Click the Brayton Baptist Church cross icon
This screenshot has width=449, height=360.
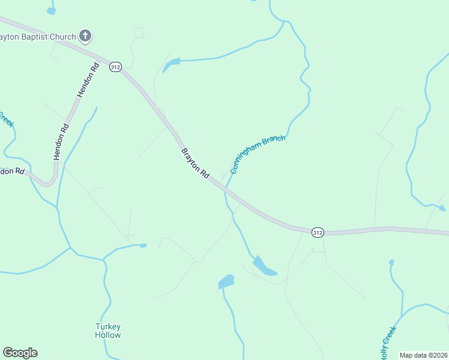pyautogui.click(x=85, y=37)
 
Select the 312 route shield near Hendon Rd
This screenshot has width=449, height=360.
pyautogui.click(x=115, y=67)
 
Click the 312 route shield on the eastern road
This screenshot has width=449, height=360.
pyautogui.click(x=318, y=232)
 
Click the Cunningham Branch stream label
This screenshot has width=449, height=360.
pyautogui.click(x=258, y=154)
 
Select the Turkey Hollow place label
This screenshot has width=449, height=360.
pyautogui.click(x=108, y=331)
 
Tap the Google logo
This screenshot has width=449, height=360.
pyautogui.click(x=20, y=353)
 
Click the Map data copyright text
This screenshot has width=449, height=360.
pyautogui.click(x=424, y=355)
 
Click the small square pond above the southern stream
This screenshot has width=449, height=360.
pyautogui.click(x=226, y=281)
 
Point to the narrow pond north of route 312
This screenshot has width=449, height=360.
pyautogui.click(x=171, y=64)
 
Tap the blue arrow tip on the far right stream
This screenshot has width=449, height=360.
pyautogui.click(x=442, y=209)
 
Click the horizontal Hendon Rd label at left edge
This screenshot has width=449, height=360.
pyautogui.click(x=12, y=171)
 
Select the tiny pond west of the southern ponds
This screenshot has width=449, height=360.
pyautogui.click(x=143, y=245)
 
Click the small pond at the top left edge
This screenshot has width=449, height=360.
pyautogui.click(x=51, y=10)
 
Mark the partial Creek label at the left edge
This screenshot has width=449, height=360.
pyautogui.click(x=6, y=119)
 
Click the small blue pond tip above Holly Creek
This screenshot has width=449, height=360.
pyautogui.click(x=391, y=262)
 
